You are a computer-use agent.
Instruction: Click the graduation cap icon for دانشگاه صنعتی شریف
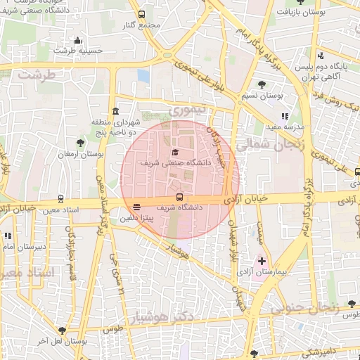[x=174, y=152]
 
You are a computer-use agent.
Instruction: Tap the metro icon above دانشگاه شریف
[x=179, y=198]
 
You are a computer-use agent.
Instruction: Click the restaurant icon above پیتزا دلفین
[x=136, y=207]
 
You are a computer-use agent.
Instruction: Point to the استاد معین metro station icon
[x=60, y=199]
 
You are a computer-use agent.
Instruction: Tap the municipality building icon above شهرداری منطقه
[x=115, y=111]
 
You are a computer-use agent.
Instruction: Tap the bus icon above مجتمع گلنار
[x=142, y=14]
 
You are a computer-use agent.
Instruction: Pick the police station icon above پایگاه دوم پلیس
[x=321, y=56]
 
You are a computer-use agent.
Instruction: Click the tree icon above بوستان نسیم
[x=262, y=84]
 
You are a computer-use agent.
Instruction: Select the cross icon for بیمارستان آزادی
[x=262, y=261]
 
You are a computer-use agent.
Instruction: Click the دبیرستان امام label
[x=25, y=247]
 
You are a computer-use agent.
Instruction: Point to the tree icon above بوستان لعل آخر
[x=63, y=330]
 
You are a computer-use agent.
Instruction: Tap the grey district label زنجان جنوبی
[x=313, y=306]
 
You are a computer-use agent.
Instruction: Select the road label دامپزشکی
[x=323, y=349]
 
